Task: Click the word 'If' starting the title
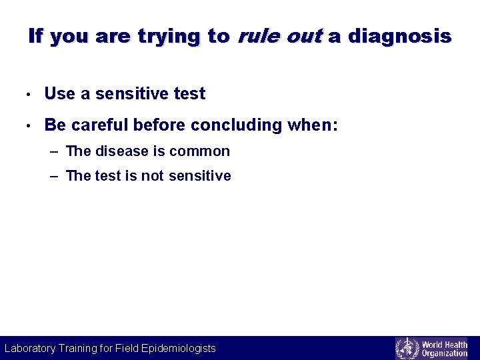point(36,36)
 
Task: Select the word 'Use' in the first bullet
point(60,94)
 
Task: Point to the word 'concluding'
point(237,125)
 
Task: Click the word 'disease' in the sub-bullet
point(122,151)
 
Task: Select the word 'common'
point(199,151)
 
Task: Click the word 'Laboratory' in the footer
point(33,348)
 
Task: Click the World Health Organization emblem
point(407,348)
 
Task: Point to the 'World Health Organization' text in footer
point(444,348)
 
